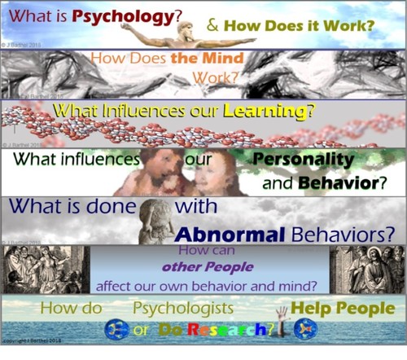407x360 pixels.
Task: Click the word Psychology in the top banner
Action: click(122, 17)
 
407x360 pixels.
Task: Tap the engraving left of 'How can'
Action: click(45, 270)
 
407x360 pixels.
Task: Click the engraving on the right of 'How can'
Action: click(366, 270)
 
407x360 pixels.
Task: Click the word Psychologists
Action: click(185, 309)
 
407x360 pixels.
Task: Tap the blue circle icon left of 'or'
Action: click(116, 329)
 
